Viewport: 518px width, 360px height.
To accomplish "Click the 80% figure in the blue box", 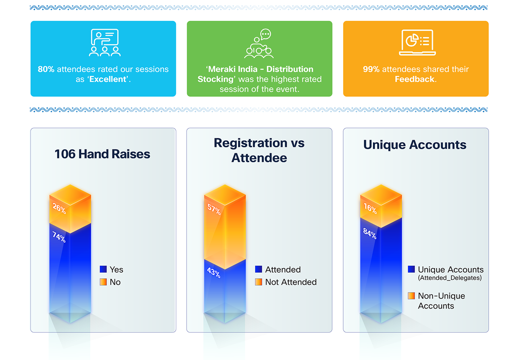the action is point(46,69).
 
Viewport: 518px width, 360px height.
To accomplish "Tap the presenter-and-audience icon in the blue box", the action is point(105,42).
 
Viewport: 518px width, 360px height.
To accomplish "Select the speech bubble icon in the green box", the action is point(266,34).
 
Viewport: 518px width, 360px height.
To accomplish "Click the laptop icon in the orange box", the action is point(418,42).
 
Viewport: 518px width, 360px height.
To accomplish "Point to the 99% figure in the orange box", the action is point(371,69).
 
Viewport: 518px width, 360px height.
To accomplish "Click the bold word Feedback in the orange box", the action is point(415,79).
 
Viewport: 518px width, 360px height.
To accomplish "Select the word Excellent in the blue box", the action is point(108,79).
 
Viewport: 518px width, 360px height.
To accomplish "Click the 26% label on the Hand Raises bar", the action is point(59,208).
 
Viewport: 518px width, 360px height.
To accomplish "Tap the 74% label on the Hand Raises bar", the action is point(59,237).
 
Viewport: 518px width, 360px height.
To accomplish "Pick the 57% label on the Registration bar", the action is point(214,209).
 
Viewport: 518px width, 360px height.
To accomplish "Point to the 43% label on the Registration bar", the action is point(214,272).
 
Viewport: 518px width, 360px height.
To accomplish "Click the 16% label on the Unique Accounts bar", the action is point(370,208).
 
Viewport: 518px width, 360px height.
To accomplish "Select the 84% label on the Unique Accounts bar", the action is point(370,233).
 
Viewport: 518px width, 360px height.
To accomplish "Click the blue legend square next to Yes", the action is point(103,269).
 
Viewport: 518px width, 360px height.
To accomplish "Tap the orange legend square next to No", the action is point(103,282).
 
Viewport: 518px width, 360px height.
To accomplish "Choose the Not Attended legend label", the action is point(291,282).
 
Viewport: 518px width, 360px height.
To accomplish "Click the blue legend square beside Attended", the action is point(259,269).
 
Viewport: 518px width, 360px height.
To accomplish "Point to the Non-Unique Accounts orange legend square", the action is point(411,296).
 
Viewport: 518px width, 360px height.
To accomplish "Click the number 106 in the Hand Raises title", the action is point(65,154).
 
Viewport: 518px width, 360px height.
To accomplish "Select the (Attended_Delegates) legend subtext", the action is point(450,278).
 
